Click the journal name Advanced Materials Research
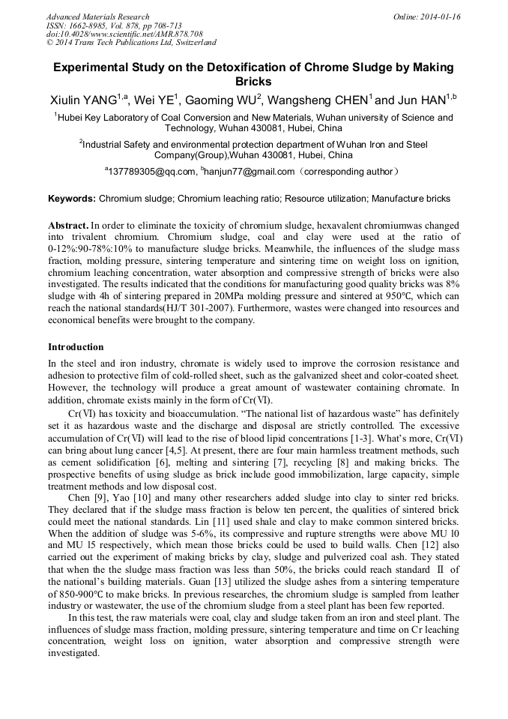97,16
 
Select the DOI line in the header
124,34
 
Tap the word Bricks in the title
253,82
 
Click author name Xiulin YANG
82,100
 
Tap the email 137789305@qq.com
153,172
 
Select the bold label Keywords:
72,199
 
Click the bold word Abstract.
67,226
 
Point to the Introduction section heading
76,347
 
